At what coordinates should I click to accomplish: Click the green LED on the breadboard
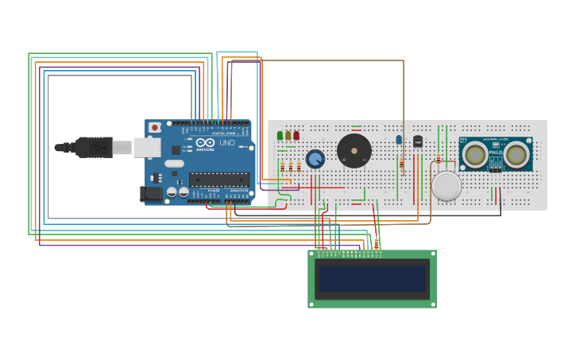280,136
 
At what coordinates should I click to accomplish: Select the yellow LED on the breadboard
288,136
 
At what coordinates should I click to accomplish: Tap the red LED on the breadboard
296,136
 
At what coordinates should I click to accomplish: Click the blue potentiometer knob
315,159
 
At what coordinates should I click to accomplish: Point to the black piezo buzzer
354,151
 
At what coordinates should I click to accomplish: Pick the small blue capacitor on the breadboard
399,140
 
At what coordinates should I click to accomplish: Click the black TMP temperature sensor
418,141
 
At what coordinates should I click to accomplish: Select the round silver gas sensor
446,185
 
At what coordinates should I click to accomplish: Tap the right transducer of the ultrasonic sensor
517,155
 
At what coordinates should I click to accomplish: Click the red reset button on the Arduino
154,127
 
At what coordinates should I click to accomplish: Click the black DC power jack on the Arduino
150,193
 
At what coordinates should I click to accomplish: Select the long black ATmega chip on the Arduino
218,180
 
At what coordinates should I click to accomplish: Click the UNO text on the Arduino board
227,143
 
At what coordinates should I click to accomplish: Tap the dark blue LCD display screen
372,279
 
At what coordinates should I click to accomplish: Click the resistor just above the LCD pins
377,243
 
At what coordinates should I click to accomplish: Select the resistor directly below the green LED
282,167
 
